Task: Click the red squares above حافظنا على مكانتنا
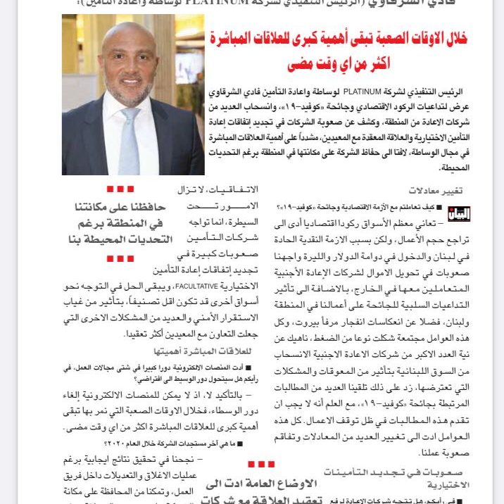point(120,189)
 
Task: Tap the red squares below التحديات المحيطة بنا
point(120,258)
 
